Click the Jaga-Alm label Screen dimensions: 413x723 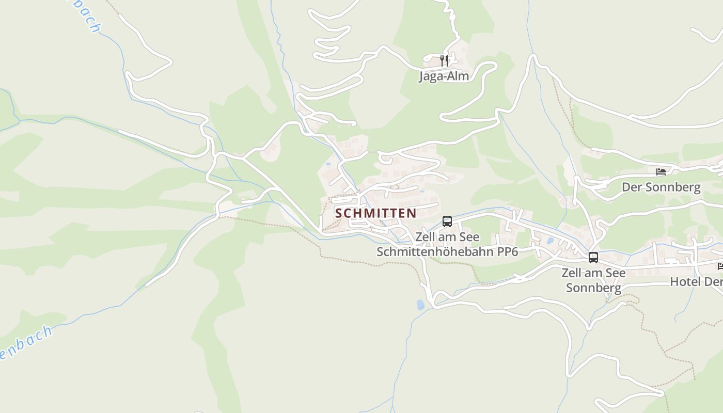(x=444, y=76)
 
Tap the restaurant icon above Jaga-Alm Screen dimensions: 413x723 (x=444, y=61)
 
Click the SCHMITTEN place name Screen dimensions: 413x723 (x=375, y=213)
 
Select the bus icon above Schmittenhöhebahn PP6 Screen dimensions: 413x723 (x=447, y=221)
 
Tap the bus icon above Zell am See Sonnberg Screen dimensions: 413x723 (x=593, y=257)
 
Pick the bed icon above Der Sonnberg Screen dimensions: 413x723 (x=661, y=171)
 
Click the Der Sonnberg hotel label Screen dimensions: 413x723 (x=661, y=187)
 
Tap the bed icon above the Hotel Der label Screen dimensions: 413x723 (x=720, y=266)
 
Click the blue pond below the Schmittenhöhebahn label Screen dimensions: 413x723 (x=420, y=305)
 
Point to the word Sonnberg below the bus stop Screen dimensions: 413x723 (x=593, y=288)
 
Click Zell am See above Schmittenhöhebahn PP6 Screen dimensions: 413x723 (x=447, y=237)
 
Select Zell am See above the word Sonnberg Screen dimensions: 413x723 (x=593, y=273)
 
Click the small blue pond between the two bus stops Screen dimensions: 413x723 (x=549, y=240)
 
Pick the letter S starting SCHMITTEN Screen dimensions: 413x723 (x=339, y=213)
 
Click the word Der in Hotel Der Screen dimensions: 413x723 (x=714, y=282)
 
